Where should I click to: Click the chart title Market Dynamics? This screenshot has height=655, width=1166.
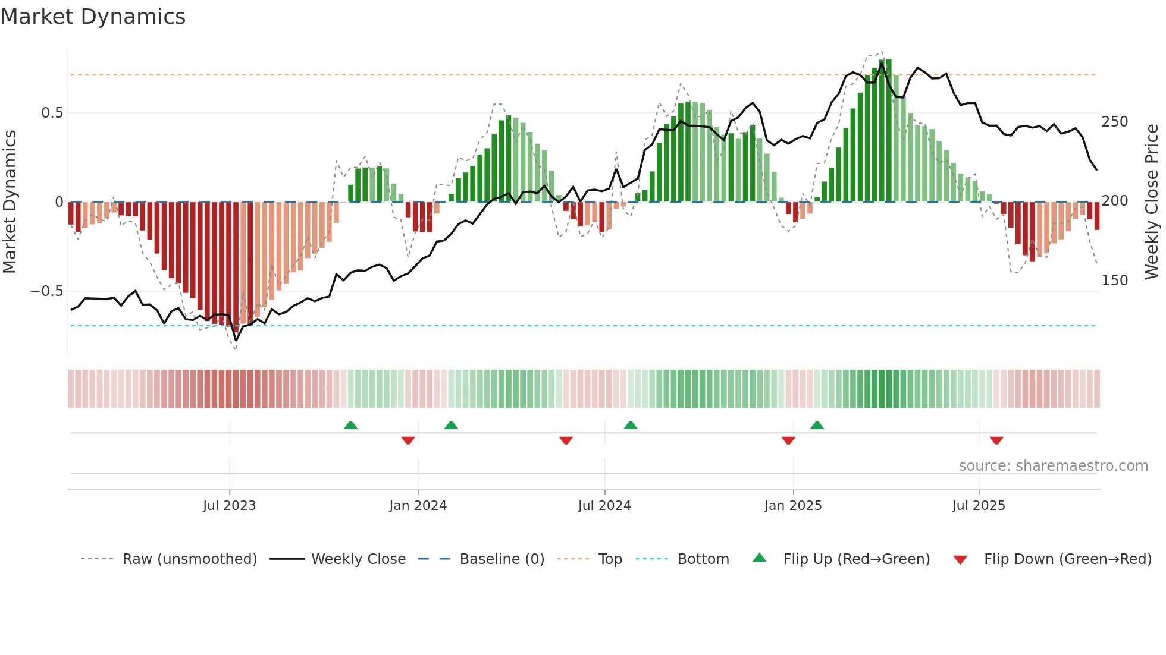point(93,17)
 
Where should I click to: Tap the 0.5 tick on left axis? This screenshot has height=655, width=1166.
point(52,113)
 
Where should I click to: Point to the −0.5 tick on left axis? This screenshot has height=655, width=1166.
point(47,291)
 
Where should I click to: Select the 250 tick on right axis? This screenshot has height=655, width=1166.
point(1114,122)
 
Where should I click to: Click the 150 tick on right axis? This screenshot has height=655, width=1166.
point(1114,281)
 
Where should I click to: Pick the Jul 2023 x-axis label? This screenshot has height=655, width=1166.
point(229,506)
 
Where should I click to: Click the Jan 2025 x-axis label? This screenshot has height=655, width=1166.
point(792,506)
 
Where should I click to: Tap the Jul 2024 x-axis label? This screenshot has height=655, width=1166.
point(604,506)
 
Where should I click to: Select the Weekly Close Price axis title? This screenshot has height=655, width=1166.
point(1152,201)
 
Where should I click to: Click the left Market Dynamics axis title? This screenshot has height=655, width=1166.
point(10,201)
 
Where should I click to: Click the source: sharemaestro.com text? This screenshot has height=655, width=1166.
point(1053,466)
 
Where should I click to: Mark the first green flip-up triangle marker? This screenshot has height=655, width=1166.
point(350,426)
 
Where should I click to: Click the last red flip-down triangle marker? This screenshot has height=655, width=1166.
point(996,440)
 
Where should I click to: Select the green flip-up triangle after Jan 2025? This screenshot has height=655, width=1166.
point(817,426)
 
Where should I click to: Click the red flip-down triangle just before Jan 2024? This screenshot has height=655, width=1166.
point(408,440)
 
